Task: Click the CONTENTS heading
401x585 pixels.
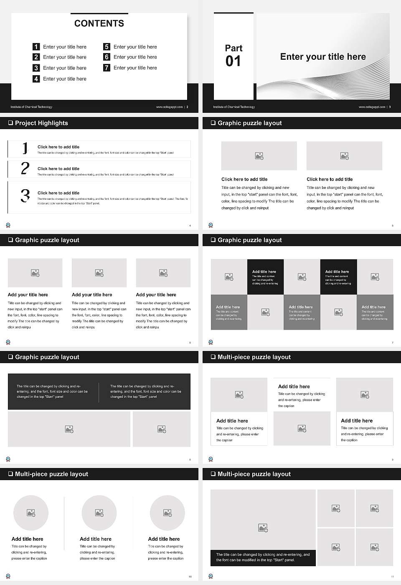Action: tap(99, 23)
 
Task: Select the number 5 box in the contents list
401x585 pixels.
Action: tap(107, 47)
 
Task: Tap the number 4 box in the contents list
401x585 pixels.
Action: tap(36, 79)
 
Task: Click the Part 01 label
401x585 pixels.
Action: tap(233, 56)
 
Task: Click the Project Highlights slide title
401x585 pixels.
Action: tap(41, 123)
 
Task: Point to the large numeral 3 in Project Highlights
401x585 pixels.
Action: tap(25, 196)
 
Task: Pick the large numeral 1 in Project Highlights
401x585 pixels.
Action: tap(25, 148)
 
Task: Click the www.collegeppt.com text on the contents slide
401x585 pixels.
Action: tap(169, 107)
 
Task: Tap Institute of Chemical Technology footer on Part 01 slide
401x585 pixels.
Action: tap(234, 107)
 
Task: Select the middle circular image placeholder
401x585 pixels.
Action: tap(99, 513)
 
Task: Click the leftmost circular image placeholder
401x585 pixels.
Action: tap(31, 513)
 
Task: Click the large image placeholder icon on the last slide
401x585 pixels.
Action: tap(263, 528)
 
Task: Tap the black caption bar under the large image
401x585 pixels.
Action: tap(263, 557)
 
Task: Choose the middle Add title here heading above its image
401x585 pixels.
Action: tap(294, 387)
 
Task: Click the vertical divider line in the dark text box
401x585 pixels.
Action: tap(99, 392)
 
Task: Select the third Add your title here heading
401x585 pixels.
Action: tap(156, 295)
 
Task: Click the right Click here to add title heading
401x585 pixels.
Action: tap(330, 179)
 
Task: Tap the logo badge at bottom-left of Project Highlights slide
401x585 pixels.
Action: tap(8, 225)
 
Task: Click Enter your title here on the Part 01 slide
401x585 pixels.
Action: tap(323, 57)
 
